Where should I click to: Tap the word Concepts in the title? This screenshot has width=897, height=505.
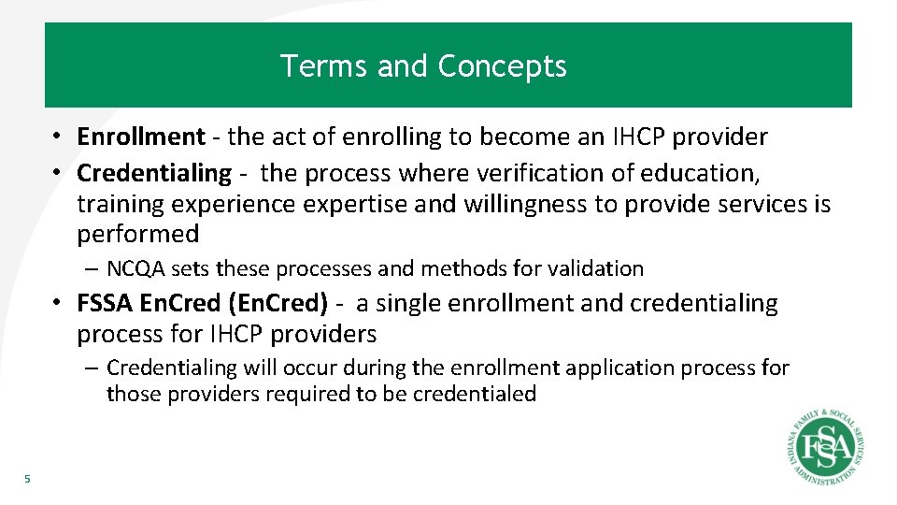502,66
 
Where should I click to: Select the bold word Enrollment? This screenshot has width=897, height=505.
140,137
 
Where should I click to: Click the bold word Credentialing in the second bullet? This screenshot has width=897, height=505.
153,173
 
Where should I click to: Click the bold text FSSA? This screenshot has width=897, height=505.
105,304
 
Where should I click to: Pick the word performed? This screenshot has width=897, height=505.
138,234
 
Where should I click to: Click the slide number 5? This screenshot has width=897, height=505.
27,480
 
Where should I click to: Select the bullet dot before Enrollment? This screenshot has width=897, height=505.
57,137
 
